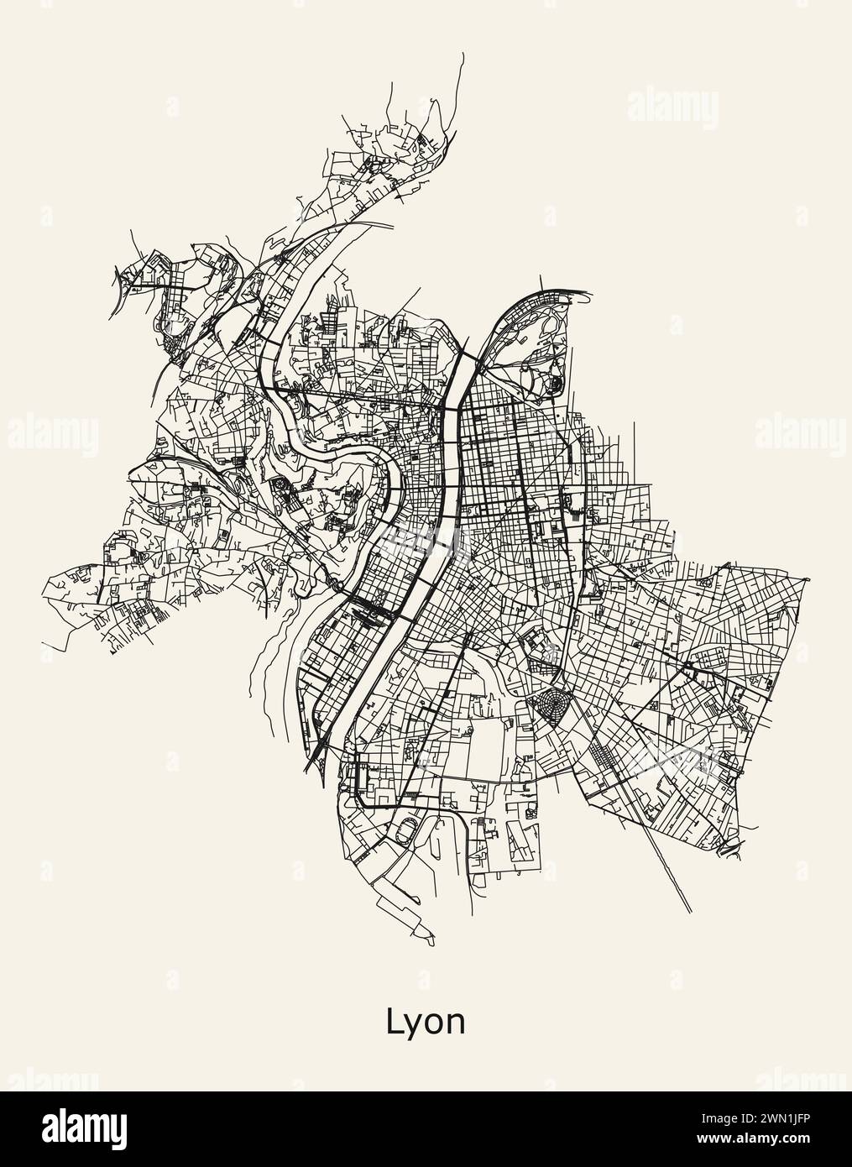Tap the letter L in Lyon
pyautogui.click(x=394, y=1020)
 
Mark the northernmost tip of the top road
pyautogui.click(x=462, y=54)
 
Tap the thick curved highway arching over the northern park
pyautogui.click(x=537, y=293)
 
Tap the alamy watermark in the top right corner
pyautogui.click(x=672, y=108)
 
